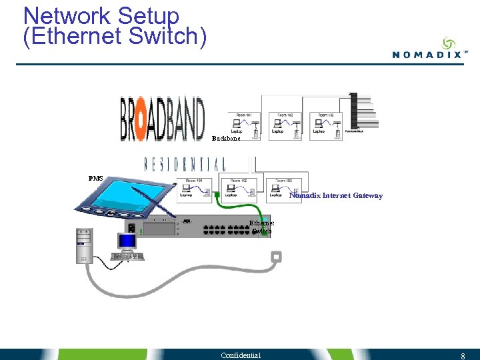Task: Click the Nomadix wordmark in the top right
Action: pyautogui.click(x=426, y=55)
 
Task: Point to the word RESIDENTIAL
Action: pyautogui.click(x=185, y=164)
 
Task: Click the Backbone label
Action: pyautogui.click(x=226, y=139)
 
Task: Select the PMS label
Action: pyautogui.click(x=96, y=179)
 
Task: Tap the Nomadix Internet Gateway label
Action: pyautogui.click(x=335, y=195)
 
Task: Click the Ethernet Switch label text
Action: pyautogui.click(x=261, y=227)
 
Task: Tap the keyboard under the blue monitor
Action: pyautogui.click(x=127, y=257)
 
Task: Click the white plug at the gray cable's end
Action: pyautogui.click(x=276, y=257)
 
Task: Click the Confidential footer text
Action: pyautogui.click(x=241, y=355)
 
